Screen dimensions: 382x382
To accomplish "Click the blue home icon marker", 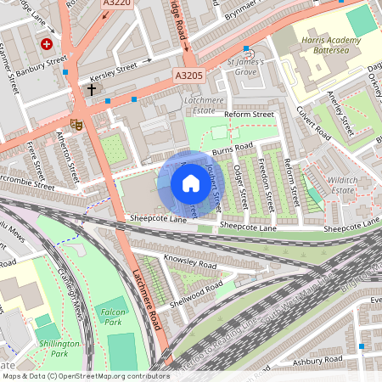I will coord(186,183).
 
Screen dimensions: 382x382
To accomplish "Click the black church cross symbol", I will coord(91,87).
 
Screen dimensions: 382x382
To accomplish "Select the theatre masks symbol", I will coord(76,124).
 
